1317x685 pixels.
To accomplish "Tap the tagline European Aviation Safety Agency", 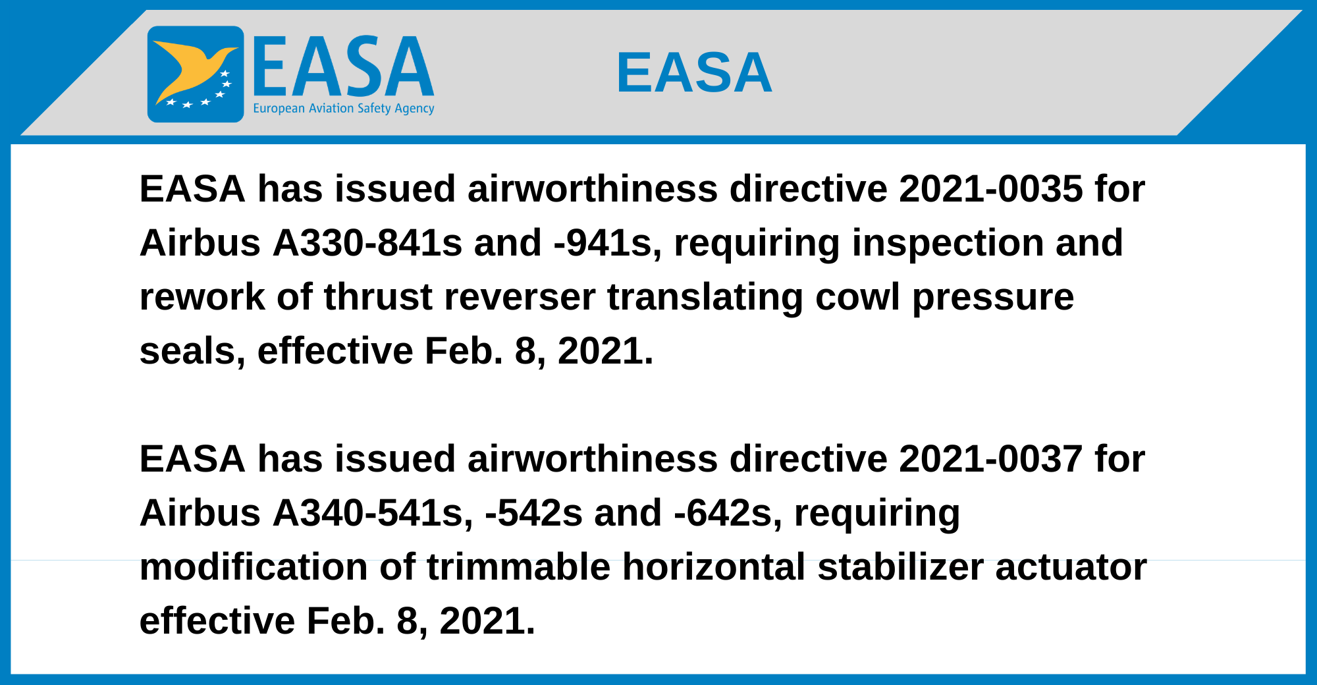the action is click(344, 108).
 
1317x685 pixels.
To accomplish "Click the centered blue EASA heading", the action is click(694, 72).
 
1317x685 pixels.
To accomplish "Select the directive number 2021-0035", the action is click(990, 189).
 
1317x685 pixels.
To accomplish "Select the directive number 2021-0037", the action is click(990, 458).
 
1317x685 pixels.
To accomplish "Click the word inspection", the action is click(948, 243).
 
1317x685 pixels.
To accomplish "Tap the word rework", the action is click(202, 297).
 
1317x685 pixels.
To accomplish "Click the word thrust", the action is click(377, 297).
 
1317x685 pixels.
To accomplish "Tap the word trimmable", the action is click(518, 566).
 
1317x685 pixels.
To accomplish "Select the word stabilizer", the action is click(900, 566).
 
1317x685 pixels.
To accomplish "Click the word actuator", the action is click(1071, 566).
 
